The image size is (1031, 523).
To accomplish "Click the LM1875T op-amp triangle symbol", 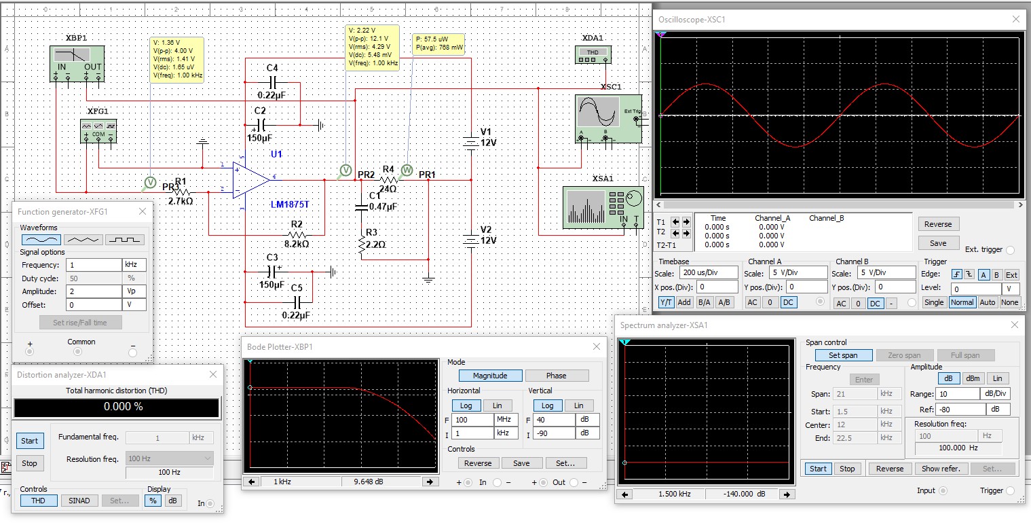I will pyautogui.click(x=250, y=180).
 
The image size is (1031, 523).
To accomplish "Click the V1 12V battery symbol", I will pyautogui.click(x=470, y=143).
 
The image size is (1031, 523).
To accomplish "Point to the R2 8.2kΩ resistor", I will pyautogui.click(x=297, y=234).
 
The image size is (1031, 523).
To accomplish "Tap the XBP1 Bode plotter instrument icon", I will pyautogui.click(x=77, y=64).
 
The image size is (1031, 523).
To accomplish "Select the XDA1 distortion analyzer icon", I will pyautogui.click(x=593, y=55).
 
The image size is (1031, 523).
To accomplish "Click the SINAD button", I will pyautogui.click(x=79, y=501).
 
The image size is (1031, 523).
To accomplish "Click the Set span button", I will pyautogui.click(x=842, y=355).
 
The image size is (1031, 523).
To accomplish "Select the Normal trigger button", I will pyautogui.click(x=962, y=302).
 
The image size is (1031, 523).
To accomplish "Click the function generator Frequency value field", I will pyautogui.click(x=94, y=265).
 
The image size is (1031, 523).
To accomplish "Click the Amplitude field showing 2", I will pyautogui.click(x=94, y=291).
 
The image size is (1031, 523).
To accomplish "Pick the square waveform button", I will pyautogui.click(x=124, y=240).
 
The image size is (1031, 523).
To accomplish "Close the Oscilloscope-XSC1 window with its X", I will pyautogui.click(x=1015, y=20).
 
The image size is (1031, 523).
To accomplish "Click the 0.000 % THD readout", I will pyautogui.click(x=117, y=407).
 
